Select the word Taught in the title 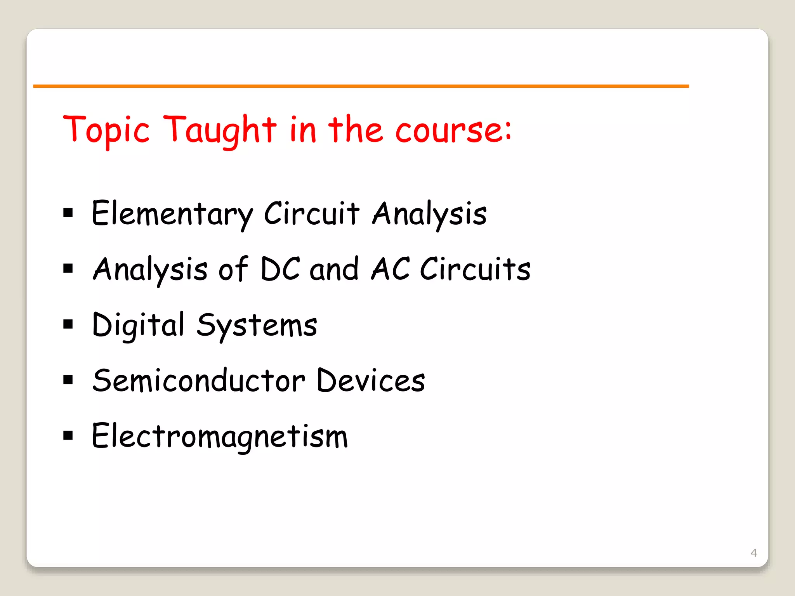(220, 130)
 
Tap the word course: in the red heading (453, 130)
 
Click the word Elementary (172, 214)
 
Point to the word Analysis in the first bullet (429, 214)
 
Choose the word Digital (138, 325)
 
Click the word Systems (257, 325)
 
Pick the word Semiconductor (199, 381)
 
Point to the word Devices (371, 381)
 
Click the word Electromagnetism (220, 437)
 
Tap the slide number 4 (754, 553)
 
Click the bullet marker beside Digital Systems (68, 324)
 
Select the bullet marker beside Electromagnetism (68, 435)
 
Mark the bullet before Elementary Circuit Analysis (68, 213)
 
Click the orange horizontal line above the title (361, 86)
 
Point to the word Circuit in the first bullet (311, 214)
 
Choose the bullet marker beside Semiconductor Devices (68, 379)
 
